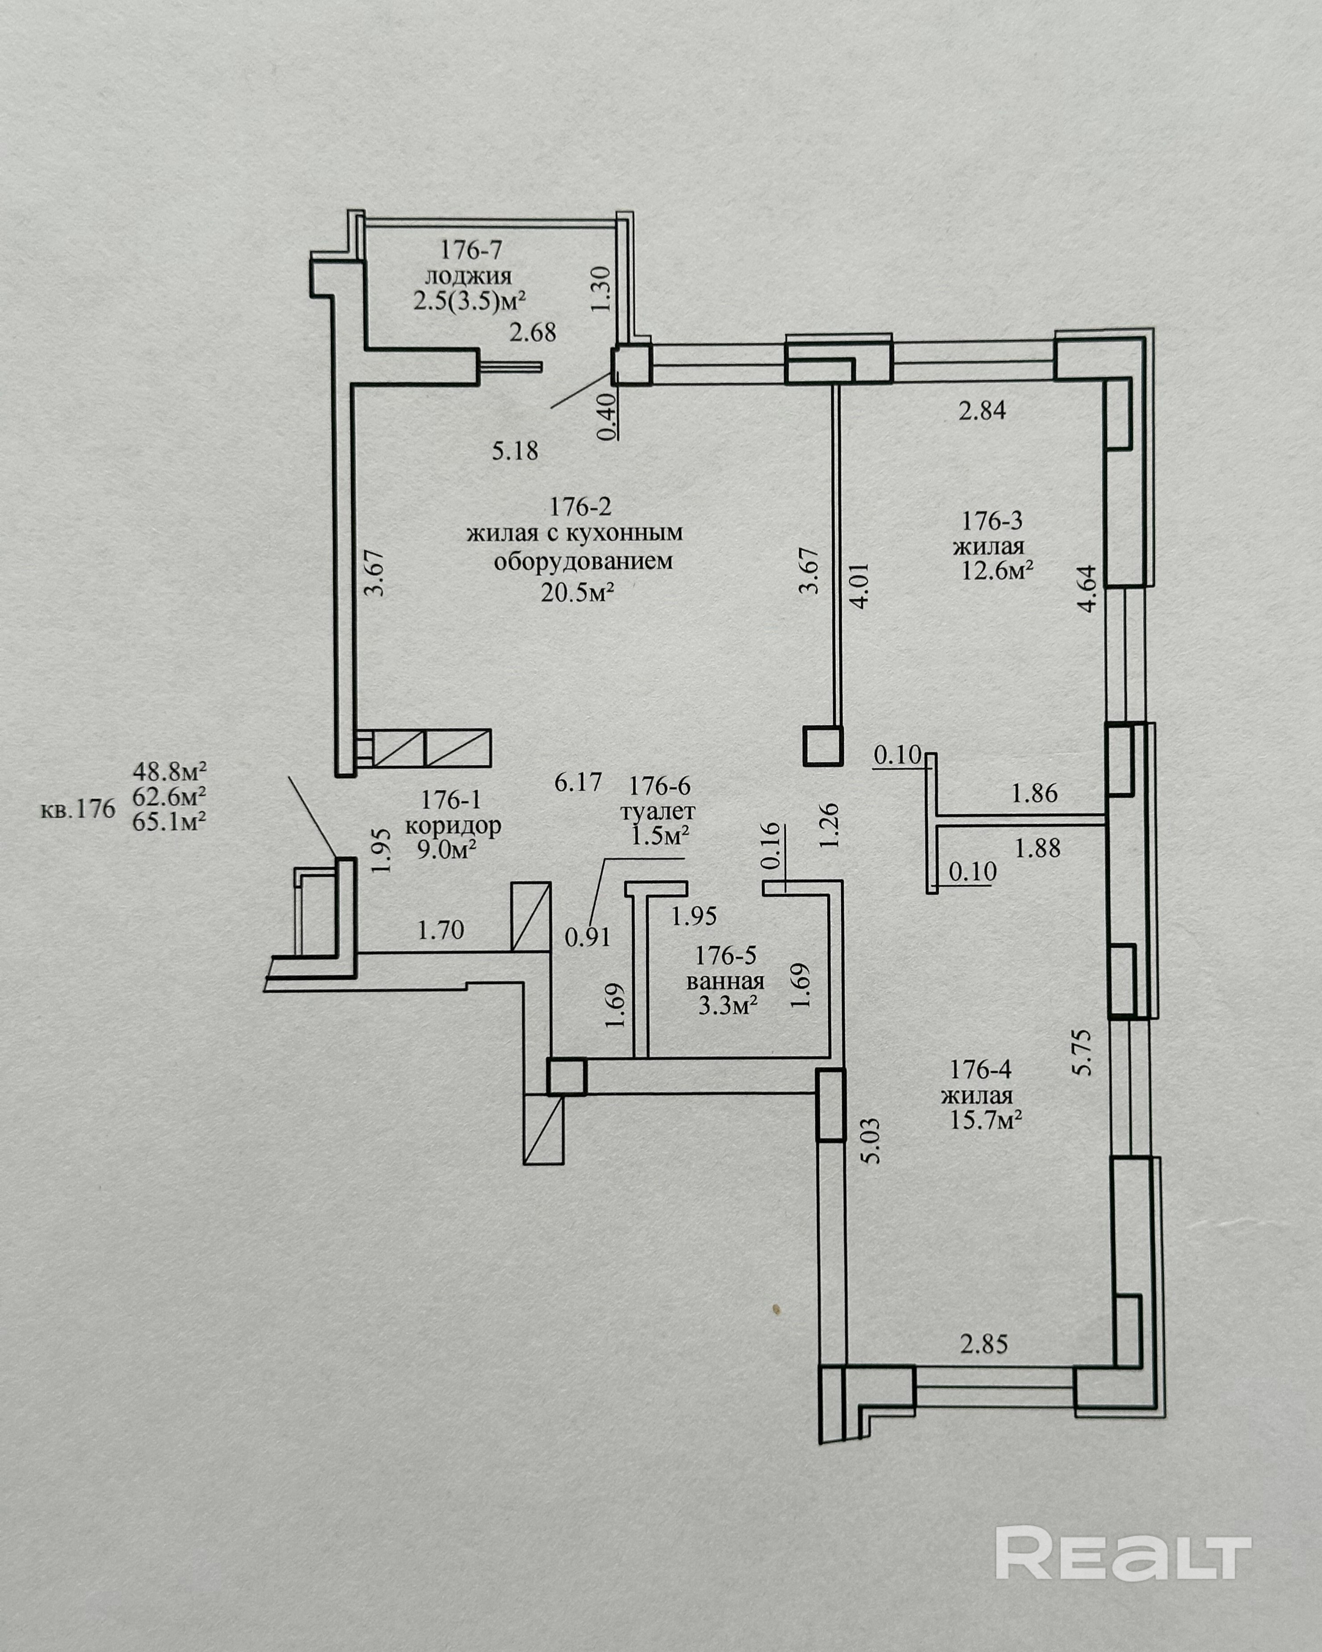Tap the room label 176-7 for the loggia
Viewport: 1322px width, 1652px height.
[x=471, y=250]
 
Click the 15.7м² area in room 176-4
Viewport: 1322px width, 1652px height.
[x=986, y=1121]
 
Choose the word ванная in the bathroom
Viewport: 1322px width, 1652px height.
[x=725, y=982]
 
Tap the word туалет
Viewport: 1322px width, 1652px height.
[x=659, y=811]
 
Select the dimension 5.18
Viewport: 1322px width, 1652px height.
[x=515, y=450]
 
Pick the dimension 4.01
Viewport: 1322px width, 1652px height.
[x=861, y=586]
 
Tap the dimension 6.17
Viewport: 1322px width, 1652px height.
[x=578, y=782]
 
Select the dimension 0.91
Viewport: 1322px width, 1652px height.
[x=588, y=937]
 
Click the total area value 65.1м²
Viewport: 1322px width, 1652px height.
[x=170, y=822]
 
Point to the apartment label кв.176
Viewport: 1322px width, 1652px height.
[x=78, y=809]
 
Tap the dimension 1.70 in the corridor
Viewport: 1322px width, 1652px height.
[x=441, y=930]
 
